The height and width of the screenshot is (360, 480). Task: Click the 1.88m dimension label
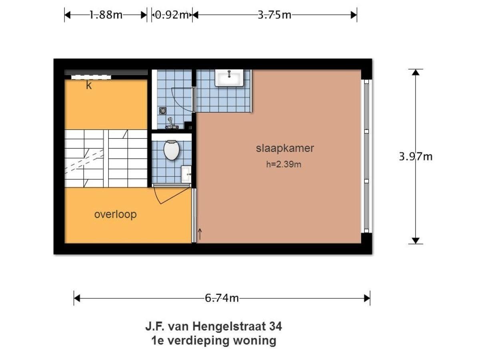106,15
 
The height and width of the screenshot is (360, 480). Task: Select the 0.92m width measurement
172,15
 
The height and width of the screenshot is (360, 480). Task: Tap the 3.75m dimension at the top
274,15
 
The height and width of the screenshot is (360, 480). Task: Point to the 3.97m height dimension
416,156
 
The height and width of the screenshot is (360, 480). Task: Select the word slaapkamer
285,148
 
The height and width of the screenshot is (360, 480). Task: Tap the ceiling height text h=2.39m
284,164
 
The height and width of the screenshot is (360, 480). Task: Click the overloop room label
115,214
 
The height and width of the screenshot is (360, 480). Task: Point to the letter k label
89,85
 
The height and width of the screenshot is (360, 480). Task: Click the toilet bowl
171,150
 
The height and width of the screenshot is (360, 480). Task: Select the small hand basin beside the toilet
186,174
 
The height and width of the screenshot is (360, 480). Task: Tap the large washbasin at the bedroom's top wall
229,78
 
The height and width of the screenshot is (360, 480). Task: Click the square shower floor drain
162,110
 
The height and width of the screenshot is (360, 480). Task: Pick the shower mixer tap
172,124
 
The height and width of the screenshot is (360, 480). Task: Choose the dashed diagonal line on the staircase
84,160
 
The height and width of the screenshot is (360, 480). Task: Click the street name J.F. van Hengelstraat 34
213,326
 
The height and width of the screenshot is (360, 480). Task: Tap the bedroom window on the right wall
366,156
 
